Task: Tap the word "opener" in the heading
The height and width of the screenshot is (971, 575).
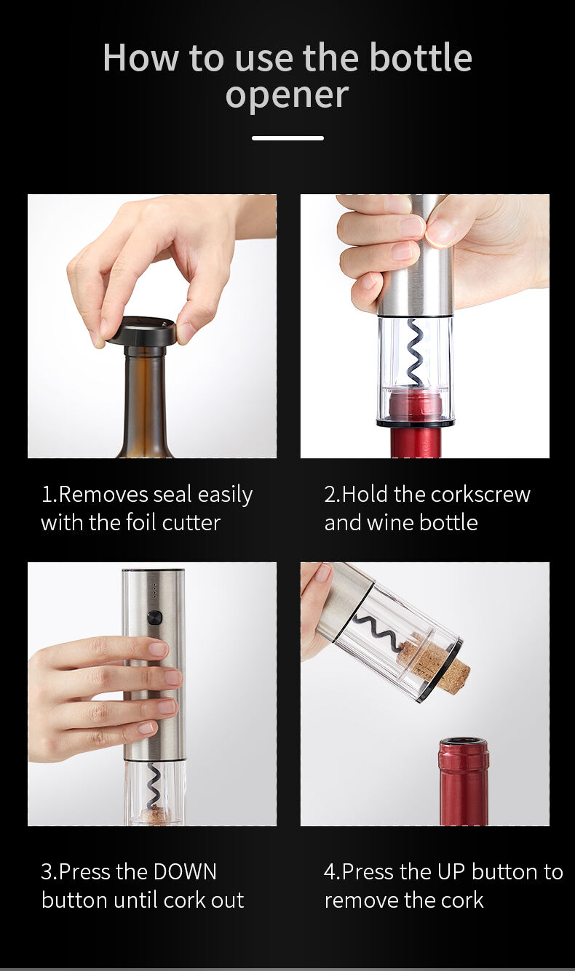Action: [x=287, y=95]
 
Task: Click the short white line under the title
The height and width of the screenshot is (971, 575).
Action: [x=287, y=137]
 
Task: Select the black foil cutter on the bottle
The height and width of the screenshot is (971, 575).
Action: [x=143, y=331]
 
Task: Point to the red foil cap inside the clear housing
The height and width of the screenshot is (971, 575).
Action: [x=415, y=403]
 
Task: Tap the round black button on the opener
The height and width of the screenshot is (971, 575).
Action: [x=154, y=618]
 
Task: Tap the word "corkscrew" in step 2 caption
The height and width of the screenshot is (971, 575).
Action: [x=480, y=495]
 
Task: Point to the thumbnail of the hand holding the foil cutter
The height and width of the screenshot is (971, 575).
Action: [x=152, y=326]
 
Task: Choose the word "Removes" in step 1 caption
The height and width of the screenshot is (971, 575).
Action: [x=103, y=495]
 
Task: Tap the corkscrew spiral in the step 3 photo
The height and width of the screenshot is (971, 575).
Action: [x=154, y=786]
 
